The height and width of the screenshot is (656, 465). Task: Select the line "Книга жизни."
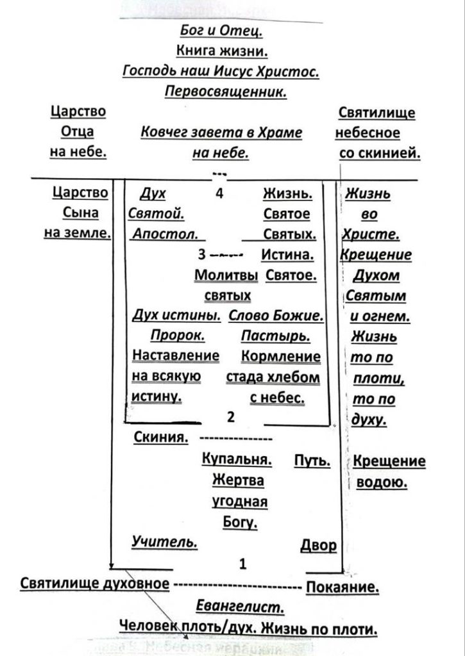222,51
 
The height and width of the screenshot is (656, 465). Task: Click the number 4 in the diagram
219,195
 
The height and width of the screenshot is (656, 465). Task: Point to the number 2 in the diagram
231,417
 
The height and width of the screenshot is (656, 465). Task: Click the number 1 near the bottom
242,564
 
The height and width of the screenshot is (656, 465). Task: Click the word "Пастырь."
276,336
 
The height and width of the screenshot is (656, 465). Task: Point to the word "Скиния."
161,438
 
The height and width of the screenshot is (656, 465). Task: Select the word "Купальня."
237,461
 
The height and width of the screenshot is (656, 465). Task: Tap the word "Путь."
312,461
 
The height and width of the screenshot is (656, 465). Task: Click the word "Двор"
318,545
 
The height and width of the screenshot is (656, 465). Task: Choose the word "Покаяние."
343,586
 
